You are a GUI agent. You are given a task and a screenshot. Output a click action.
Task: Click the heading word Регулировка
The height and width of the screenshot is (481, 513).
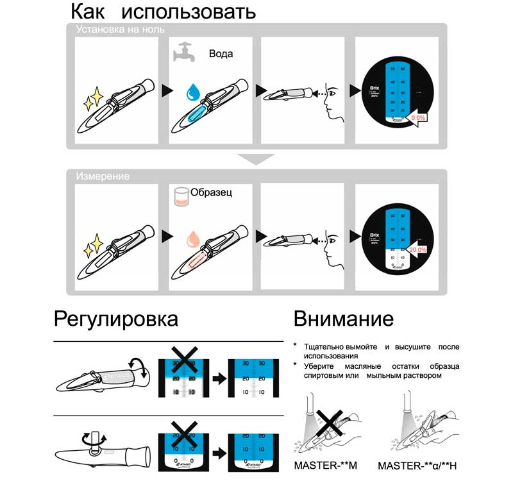(x=115, y=318)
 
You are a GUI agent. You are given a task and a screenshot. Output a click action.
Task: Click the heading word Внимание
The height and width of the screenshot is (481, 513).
(x=343, y=319)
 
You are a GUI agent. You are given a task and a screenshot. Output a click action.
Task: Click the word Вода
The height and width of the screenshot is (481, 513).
(x=221, y=54)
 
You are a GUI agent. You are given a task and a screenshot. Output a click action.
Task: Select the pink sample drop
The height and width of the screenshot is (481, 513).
(x=191, y=240)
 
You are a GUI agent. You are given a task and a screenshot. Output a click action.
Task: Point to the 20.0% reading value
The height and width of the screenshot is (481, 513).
(x=417, y=249)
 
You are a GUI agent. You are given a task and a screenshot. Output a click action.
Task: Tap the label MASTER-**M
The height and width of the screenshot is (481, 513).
(x=325, y=465)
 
